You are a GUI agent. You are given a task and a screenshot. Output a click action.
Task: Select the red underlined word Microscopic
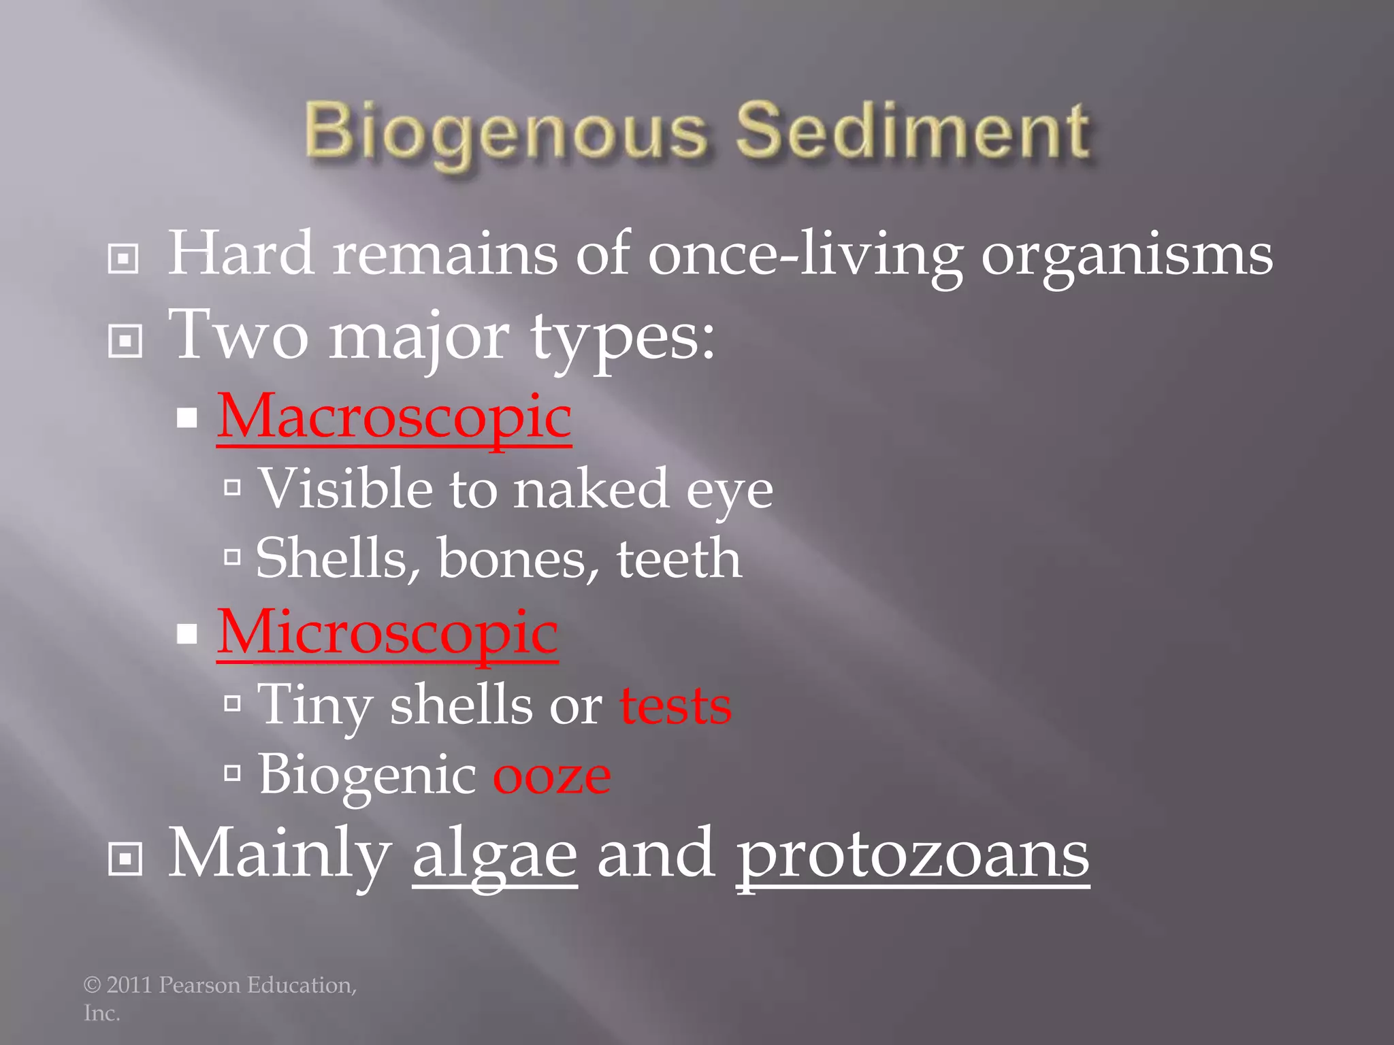(x=387, y=632)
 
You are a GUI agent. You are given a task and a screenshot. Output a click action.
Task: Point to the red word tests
(x=675, y=706)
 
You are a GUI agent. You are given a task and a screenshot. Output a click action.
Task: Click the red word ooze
(x=551, y=776)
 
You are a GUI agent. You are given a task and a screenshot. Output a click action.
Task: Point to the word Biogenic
(x=368, y=776)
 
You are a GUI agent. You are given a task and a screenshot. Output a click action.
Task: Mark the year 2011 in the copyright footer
(x=129, y=985)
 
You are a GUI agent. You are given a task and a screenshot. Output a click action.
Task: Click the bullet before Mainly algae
(x=125, y=859)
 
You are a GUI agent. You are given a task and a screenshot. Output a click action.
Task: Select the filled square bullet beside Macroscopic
(x=187, y=418)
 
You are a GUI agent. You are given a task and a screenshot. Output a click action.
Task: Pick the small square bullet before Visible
(x=233, y=487)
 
